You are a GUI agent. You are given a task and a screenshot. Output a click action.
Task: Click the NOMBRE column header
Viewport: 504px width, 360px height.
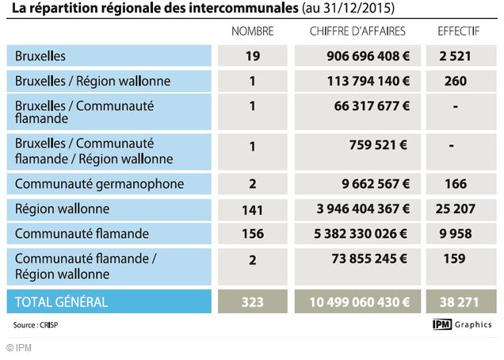click(x=252, y=31)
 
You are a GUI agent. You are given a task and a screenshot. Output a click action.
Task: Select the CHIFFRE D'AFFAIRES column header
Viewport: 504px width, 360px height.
click(x=358, y=31)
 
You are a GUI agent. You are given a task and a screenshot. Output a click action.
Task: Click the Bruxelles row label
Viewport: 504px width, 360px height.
click(x=40, y=56)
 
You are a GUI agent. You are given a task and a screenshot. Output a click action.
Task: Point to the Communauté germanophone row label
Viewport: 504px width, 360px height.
click(x=99, y=184)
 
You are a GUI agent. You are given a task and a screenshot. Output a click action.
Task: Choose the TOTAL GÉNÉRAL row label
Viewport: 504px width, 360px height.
click(x=61, y=301)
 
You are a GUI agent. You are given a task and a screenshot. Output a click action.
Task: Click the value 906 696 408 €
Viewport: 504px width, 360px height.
click(x=367, y=56)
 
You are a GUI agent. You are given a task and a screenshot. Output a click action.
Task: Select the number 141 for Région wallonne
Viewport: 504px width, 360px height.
click(x=252, y=210)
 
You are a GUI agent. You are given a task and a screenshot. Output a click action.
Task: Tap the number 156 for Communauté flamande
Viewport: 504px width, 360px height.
click(x=252, y=235)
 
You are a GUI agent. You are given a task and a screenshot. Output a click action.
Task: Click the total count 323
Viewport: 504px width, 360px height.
click(x=252, y=301)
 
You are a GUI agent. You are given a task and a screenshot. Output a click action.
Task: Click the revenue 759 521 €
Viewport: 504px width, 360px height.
click(x=378, y=145)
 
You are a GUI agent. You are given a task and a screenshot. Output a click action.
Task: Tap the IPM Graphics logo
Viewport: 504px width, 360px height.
click(x=462, y=324)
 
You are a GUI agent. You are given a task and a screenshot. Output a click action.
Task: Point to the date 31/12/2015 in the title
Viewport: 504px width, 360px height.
click(x=360, y=10)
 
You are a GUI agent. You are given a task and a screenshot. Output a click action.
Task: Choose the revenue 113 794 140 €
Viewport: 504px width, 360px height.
click(x=367, y=81)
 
